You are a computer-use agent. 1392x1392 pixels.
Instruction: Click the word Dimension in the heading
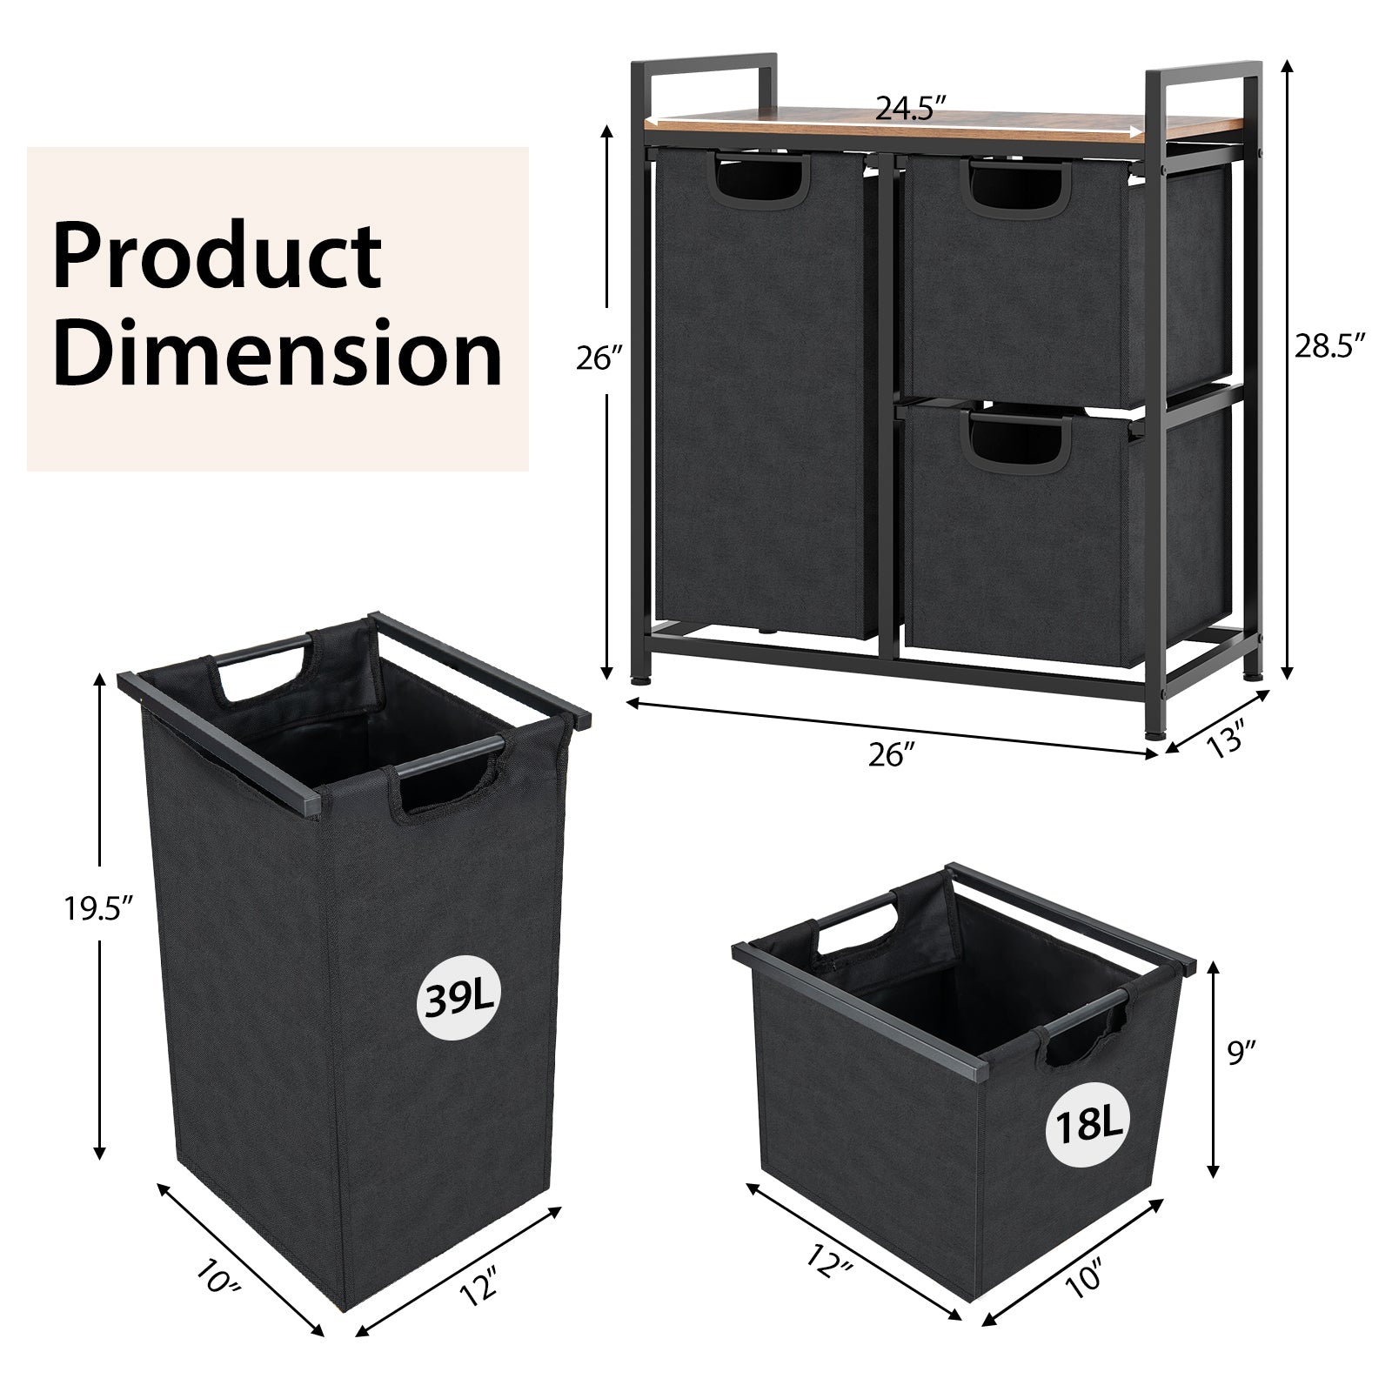(x=277, y=353)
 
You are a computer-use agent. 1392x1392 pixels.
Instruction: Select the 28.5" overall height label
(x=1327, y=346)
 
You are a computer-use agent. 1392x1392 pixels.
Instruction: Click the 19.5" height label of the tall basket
(x=97, y=910)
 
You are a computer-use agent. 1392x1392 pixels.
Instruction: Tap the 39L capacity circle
(x=458, y=998)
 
